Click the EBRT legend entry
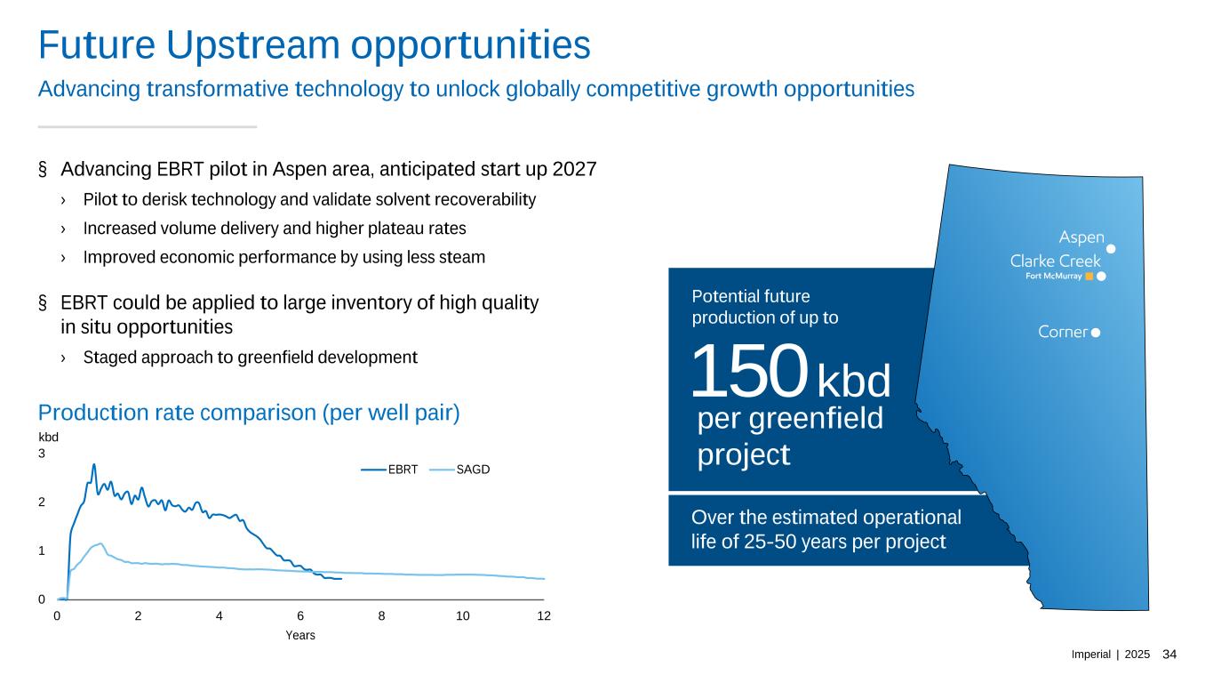click(x=389, y=470)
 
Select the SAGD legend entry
click(x=459, y=470)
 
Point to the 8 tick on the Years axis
click(x=382, y=615)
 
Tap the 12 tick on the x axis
click(x=544, y=615)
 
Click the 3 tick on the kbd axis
click(x=42, y=454)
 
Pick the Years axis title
click(x=300, y=635)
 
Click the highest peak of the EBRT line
click(x=93, y=464)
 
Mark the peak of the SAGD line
click(x=100, y=543)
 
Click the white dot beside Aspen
click(x=1111, y=249)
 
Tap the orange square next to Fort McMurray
click(x=1089, y=277)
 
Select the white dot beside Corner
click(x=1096, y=333)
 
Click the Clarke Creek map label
click(x=1055, y=261)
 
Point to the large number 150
click(x=749, y=370)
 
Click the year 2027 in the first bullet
click(x=574, y=169)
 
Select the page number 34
click(x=1169, y=655)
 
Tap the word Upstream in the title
click(x=253, y=45)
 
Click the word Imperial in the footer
click(x=1090, y=655)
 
